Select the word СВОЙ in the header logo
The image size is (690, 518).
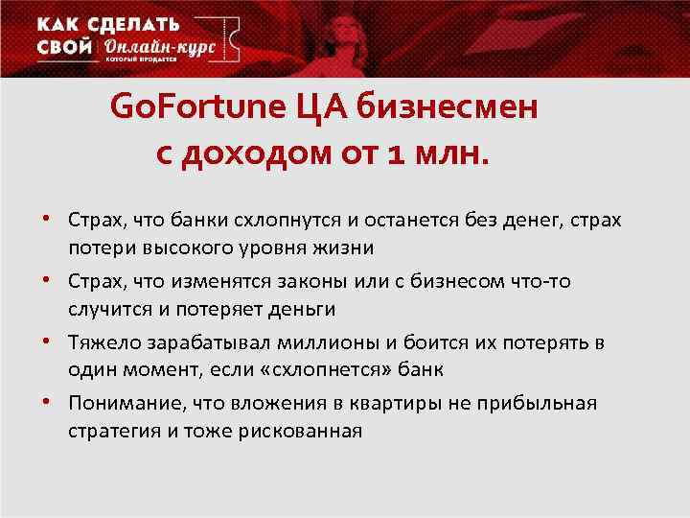point(65,47)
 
